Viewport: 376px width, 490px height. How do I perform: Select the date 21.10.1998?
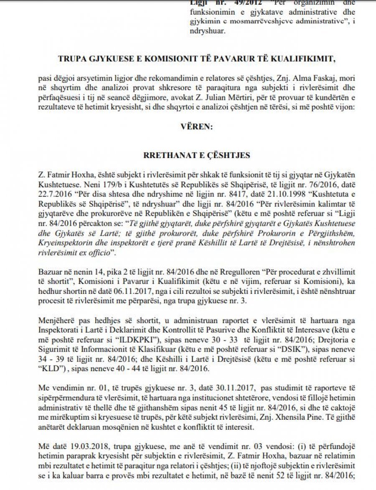coord(238,194)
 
